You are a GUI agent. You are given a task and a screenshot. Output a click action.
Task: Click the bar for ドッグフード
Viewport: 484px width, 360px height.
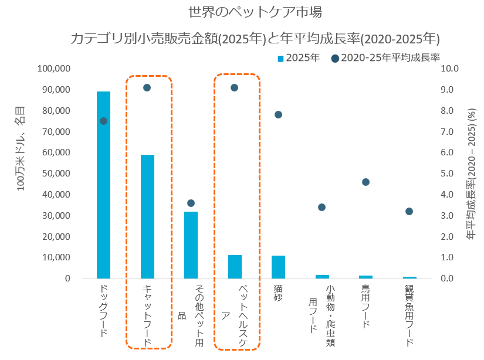coord(103,185)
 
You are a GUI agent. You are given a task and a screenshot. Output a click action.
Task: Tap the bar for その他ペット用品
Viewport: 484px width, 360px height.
coord(191,244)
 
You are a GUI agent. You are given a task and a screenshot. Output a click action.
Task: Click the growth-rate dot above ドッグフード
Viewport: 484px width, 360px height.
coord(103,121)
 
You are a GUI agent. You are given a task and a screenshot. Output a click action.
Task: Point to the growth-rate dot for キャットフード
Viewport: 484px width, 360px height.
coord(147,88)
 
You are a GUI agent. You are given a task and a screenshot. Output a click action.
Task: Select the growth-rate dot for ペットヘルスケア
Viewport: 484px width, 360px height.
coord(234,88)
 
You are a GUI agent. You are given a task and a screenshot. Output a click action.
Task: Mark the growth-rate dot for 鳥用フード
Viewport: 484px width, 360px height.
coord(365,182)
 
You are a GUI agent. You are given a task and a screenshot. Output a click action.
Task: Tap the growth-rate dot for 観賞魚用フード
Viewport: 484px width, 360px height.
coord(409,212)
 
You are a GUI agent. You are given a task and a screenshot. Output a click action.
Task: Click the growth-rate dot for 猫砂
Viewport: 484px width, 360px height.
coord(278,115)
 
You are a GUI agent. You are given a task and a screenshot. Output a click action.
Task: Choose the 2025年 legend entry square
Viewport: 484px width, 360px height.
coord(280,58)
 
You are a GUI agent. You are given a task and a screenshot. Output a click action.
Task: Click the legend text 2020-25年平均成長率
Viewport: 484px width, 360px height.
coord(390,57)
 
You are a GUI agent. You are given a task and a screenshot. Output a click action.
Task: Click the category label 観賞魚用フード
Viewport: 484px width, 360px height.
coord(409,316)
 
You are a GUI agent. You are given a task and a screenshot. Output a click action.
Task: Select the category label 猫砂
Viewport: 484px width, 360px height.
coord(278,293)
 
